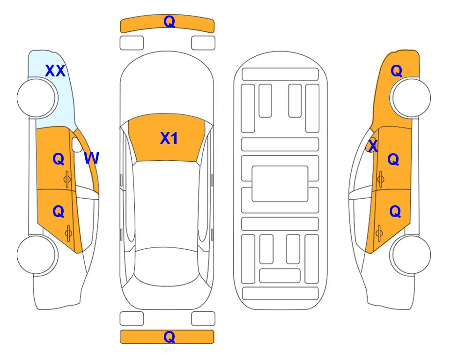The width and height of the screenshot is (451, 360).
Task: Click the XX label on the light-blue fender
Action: (55, 71)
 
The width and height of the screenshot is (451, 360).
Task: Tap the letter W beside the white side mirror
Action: (91, 158)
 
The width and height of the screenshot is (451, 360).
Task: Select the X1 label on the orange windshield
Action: (169, 138)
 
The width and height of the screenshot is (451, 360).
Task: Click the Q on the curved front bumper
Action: (169, 21)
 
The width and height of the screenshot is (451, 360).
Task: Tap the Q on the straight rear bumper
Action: (169, 337)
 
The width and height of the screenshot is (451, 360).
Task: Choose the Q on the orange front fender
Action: (396, 71)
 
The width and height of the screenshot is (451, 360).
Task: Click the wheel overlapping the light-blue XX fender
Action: (36, 97)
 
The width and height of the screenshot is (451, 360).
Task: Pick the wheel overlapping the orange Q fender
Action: (411, 97)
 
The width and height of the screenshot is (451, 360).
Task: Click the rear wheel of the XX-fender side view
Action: (36, 255)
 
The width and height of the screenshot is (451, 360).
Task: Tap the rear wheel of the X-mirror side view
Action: (411, 255)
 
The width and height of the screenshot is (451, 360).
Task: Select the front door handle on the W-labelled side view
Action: (67, 180)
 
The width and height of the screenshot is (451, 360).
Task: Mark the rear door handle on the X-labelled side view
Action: (379, 233)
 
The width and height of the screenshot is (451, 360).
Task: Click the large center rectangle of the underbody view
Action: (280, 184)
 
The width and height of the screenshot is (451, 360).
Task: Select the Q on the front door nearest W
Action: (58, 159)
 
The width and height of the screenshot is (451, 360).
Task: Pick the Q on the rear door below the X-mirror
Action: (395, 212)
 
